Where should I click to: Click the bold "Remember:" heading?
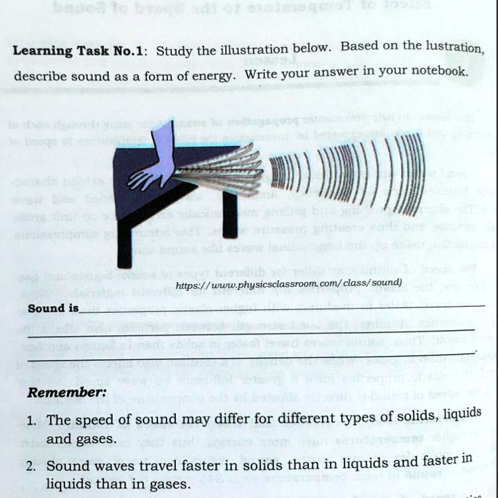pos(66,392)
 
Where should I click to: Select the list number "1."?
pos(32,421)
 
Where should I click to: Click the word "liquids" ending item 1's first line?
pos(463,414)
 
